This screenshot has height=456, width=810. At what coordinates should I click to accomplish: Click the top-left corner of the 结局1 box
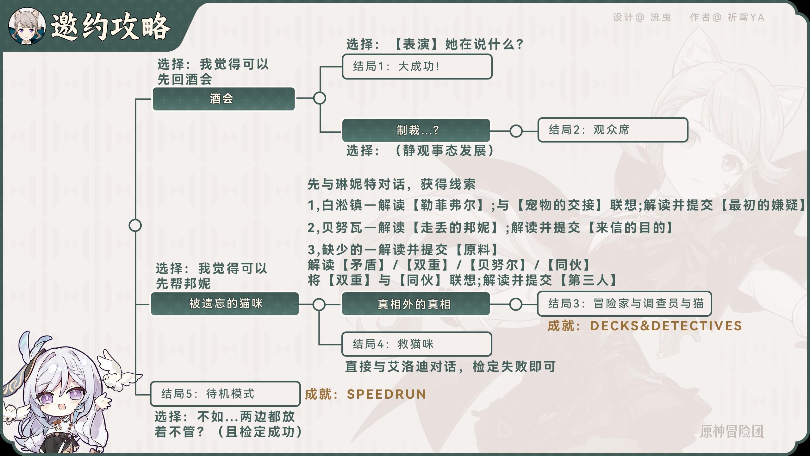[343, 55]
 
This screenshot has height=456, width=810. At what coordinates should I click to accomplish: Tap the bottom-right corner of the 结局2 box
[688, 142]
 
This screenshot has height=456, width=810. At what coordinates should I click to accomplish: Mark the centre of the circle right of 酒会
[320, 98]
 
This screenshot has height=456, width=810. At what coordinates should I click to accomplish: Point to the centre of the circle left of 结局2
[516, 131]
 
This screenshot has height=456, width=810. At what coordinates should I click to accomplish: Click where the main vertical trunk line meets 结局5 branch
[136, 395]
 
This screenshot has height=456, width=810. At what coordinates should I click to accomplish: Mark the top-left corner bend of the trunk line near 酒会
[136, 99]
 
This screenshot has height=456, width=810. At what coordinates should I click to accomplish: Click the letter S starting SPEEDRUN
[351, 394]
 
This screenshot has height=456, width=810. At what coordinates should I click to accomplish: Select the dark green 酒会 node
[224, 99]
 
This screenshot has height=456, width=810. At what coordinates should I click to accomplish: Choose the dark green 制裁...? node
[416, 130]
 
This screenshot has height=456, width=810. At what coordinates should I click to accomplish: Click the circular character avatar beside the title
[27, 26]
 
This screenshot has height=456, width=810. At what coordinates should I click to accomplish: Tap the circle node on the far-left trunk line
[135, 225]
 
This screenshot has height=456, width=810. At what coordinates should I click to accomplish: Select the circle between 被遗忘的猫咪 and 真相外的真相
[319, 304]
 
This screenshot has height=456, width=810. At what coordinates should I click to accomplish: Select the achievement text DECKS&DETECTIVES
[666, 326]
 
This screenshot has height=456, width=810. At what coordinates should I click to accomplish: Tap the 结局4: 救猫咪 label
[393, 344]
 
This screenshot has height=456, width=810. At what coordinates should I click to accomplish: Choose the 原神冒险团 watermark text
[732, 431]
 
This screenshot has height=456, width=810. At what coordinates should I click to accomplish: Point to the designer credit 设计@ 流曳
[642, 17]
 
